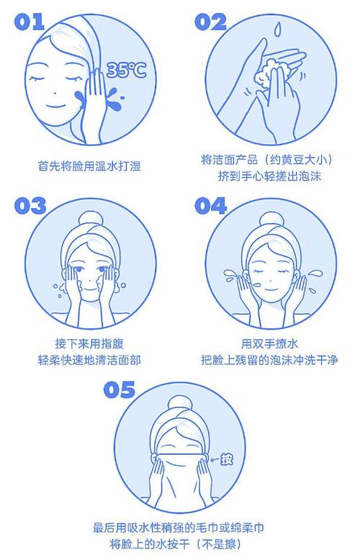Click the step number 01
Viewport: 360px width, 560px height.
click(x=29, y=22)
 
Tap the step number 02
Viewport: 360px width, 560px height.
click(x=211, y=22)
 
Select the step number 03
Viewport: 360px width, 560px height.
click(x=30, y=206)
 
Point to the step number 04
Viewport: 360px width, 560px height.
click(x=211, y=206)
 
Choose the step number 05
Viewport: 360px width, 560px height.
click(x=120, y=389)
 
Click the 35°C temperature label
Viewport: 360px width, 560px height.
click(x=127, y=69)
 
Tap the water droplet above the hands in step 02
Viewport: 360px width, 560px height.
click(x=276, y=29)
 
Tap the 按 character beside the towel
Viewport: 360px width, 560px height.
click(x=226, y=459)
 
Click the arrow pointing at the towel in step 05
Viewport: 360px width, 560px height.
click(x=215, y=460)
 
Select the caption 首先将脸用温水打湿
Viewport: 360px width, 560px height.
click(x=89, y=166)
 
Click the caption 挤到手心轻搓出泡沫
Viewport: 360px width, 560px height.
click(x=270, y=176)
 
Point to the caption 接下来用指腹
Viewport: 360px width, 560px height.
click(x=89, y=343)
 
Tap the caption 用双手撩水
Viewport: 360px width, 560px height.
click(x=270, y=343)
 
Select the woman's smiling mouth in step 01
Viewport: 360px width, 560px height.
click(x=55, y=107)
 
